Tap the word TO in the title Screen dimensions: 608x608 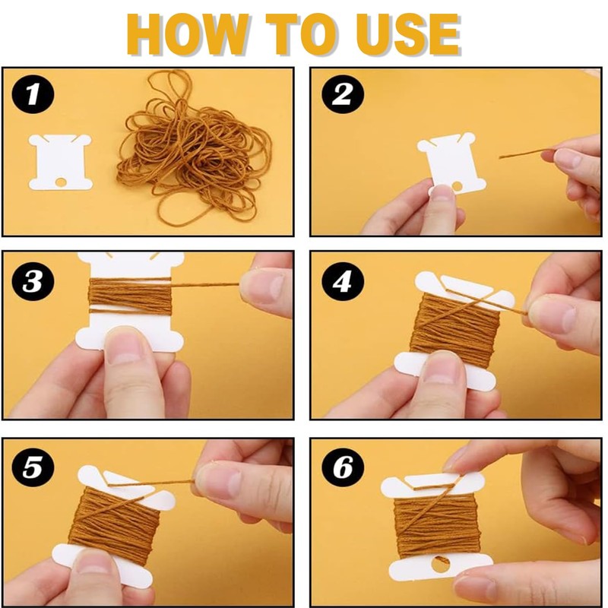click(x=303, y=34)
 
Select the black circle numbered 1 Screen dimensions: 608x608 click(x=33, y=94)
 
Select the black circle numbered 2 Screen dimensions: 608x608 click(x=343, y=94)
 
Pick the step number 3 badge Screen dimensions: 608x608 click(x=33, y=280)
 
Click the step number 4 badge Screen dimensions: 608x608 click(x=343, y=280)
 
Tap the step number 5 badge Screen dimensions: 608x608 click(x=33, y=467)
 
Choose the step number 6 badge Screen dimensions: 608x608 click(x=343, y=467)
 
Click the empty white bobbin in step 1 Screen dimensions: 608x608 click(x=61, y=162)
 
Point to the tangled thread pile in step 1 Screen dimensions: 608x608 click(x=194, y=147)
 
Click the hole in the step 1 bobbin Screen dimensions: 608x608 click(x=61, y=182)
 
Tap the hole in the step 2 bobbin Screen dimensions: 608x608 click(x=458, y=186)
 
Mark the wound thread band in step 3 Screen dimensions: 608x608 click(x=130, y=296)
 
